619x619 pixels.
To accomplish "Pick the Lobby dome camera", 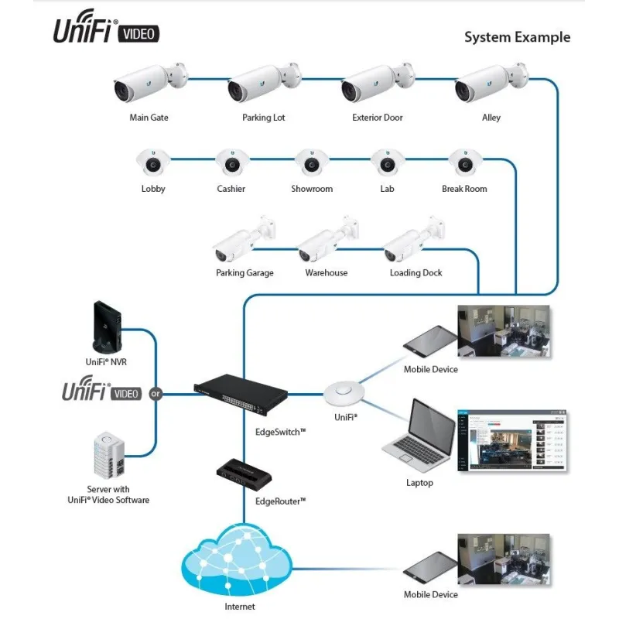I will pos(153,162).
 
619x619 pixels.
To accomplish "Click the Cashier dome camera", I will pos(231,162).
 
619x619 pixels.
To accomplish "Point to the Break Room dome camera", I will pos(464,162).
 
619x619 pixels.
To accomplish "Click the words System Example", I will pos(517,37).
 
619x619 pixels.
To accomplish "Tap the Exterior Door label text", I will pos(378,118).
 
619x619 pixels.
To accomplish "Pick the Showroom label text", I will pos(312,189).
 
